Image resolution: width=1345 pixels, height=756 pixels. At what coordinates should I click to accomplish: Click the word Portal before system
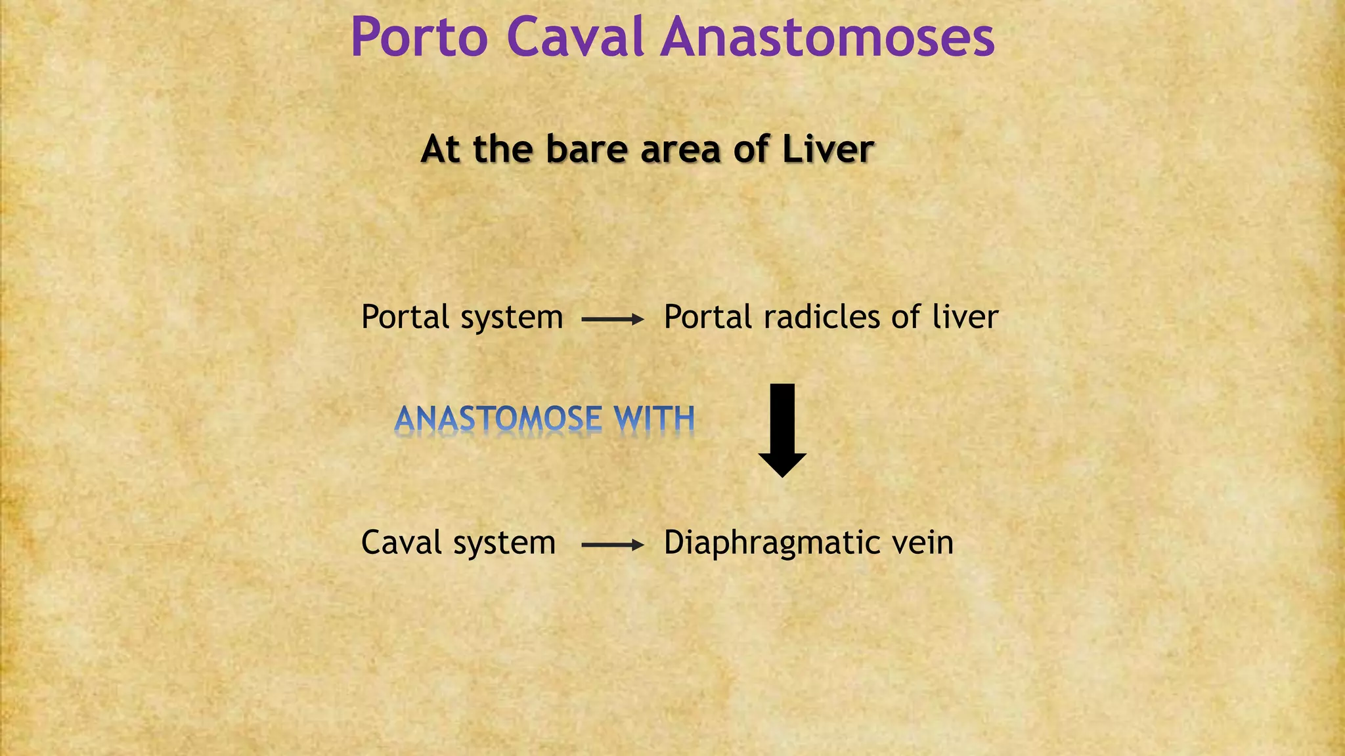(x=405, y=317)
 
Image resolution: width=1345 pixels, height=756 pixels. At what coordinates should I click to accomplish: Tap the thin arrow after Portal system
(x=613, y=320)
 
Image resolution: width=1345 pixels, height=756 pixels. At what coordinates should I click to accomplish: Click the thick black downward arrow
(x=782, y=430)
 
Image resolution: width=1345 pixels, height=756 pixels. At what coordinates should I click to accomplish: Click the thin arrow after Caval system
(x=613, y=545)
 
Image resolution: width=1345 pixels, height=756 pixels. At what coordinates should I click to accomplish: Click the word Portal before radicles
(x=707, y=317)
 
